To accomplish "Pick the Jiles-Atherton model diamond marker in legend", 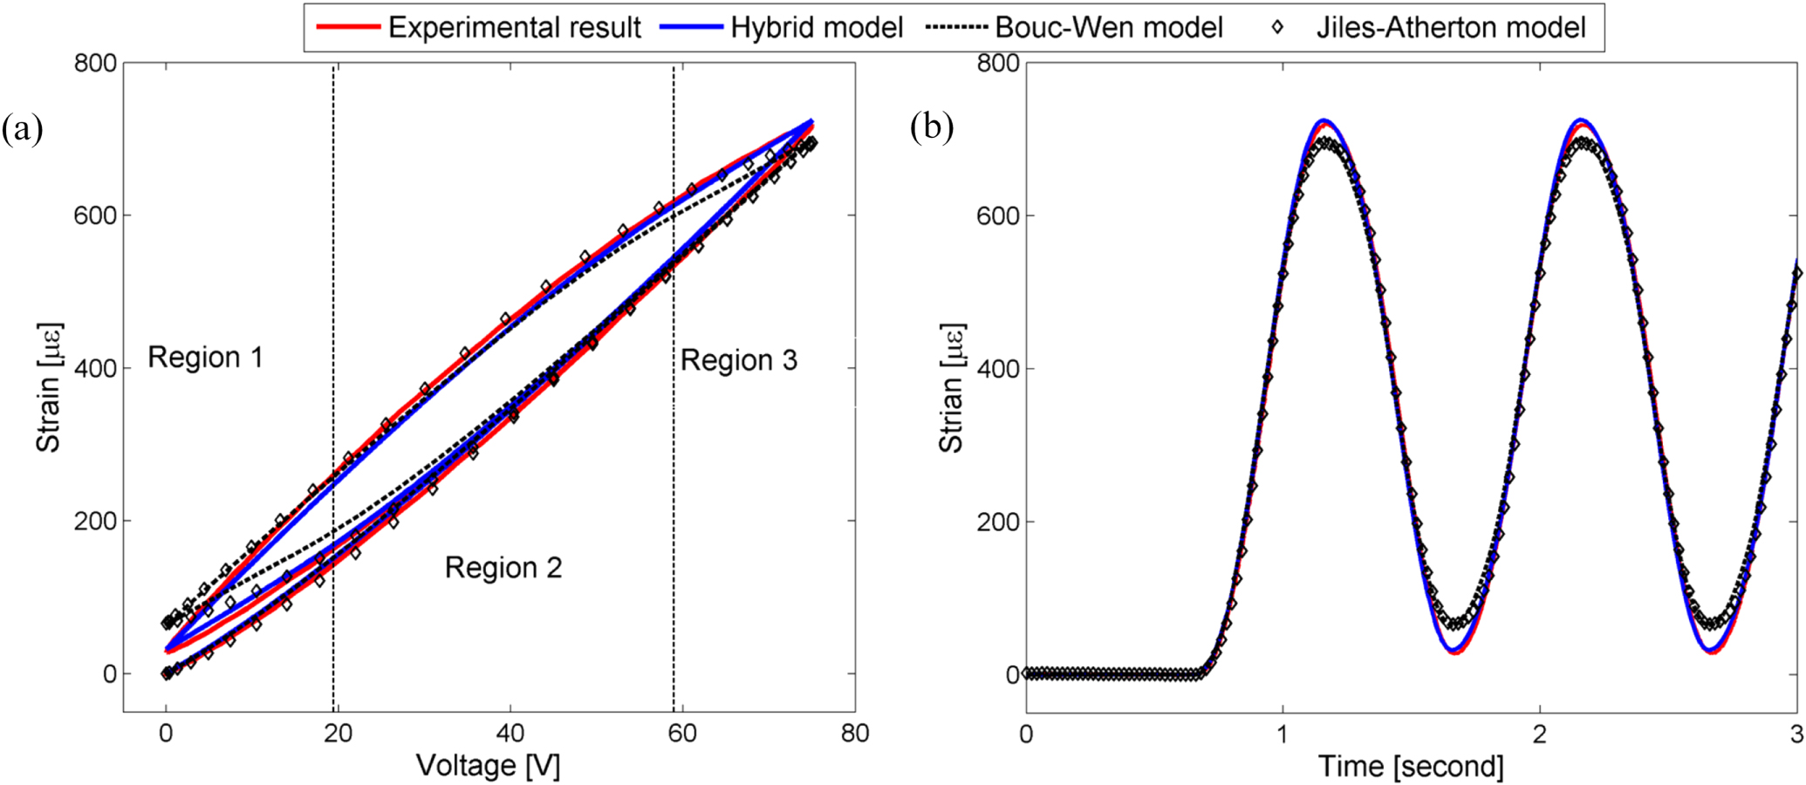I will (1278, 28).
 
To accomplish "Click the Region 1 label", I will (205, 358).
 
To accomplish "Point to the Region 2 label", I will (503, 568).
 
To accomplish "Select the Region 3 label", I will (739, 360).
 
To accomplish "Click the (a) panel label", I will (22, 129).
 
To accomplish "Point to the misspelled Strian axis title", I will (950, 388).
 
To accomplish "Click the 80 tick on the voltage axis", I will (855, 734).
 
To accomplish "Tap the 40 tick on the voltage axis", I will (510, 734).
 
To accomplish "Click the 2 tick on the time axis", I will (1540, 734).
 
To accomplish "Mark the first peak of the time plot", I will (1324, 122).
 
